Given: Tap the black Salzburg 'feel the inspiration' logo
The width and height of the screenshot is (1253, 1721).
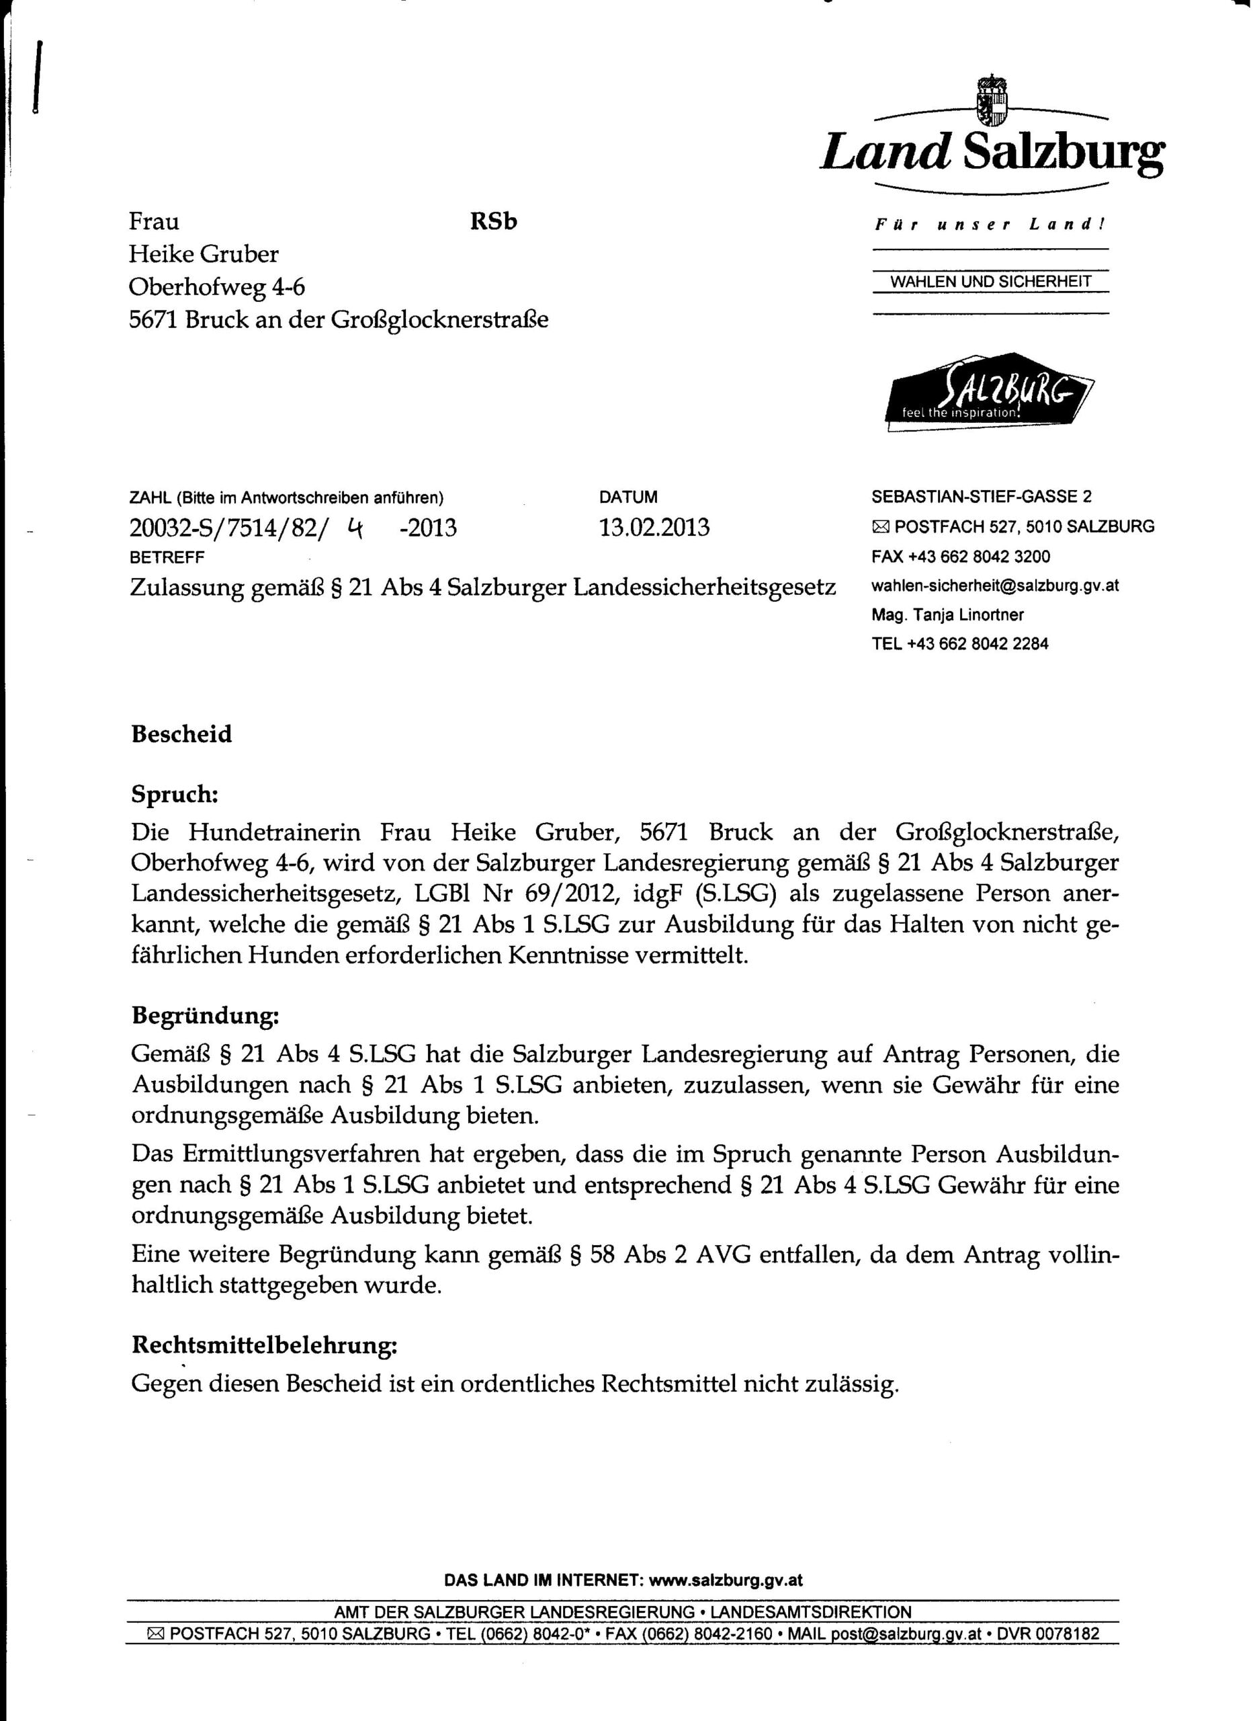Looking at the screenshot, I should [x=989, y=393].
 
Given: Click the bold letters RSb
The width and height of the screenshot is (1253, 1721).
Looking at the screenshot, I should [x=493, y=222].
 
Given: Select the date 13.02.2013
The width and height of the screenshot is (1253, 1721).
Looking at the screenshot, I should [x=654, y=527].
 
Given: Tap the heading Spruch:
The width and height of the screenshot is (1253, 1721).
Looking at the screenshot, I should [x=175, y=795].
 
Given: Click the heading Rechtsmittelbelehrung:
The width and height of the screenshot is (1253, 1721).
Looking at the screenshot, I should [x=264, y=1345].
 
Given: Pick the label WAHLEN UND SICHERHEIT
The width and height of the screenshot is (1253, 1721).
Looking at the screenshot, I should [x=990, y=282].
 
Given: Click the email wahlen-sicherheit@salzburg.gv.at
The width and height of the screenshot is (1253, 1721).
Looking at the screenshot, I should [x=995, y=586].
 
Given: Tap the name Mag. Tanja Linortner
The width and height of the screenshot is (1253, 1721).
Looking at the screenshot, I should [x=947, y=614].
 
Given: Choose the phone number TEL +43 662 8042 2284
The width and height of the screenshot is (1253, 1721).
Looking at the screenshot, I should [x=959, y=643].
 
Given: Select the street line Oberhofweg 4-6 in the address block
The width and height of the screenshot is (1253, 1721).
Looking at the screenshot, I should [x=217, y=287].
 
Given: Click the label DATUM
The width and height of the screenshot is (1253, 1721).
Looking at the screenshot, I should [x=628, y=497].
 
